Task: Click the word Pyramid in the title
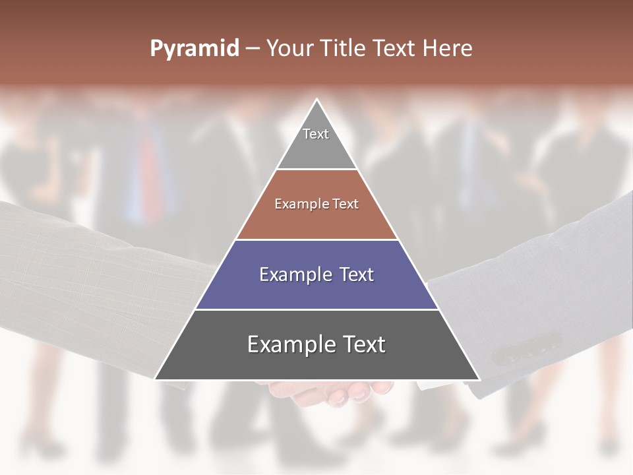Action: coord(194,49)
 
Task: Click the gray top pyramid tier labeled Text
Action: coord(316,141)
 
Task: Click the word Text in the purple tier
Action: coord(352,274)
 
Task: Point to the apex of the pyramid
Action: coord(317,100)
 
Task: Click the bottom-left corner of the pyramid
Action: coord(156,379)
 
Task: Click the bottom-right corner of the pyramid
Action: coord(479,379)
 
